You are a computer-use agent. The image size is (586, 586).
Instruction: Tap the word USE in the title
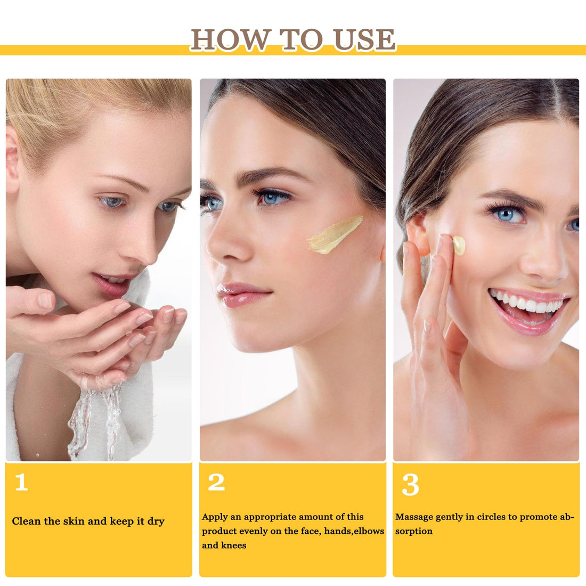click(364, 39)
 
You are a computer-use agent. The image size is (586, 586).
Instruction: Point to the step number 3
click(410, 484)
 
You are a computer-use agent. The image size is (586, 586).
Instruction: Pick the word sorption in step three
click(414, 532)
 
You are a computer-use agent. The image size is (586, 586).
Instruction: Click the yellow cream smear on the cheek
click(335, 235)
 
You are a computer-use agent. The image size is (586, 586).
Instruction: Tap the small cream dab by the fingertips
click(459, 245)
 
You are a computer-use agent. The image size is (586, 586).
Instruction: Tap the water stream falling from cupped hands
click(95, 422)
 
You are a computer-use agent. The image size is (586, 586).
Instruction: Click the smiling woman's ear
click(418, 235)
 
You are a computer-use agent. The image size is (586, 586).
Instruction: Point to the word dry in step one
click(156, 522)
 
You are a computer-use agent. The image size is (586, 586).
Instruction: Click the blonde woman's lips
click(112, 282)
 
